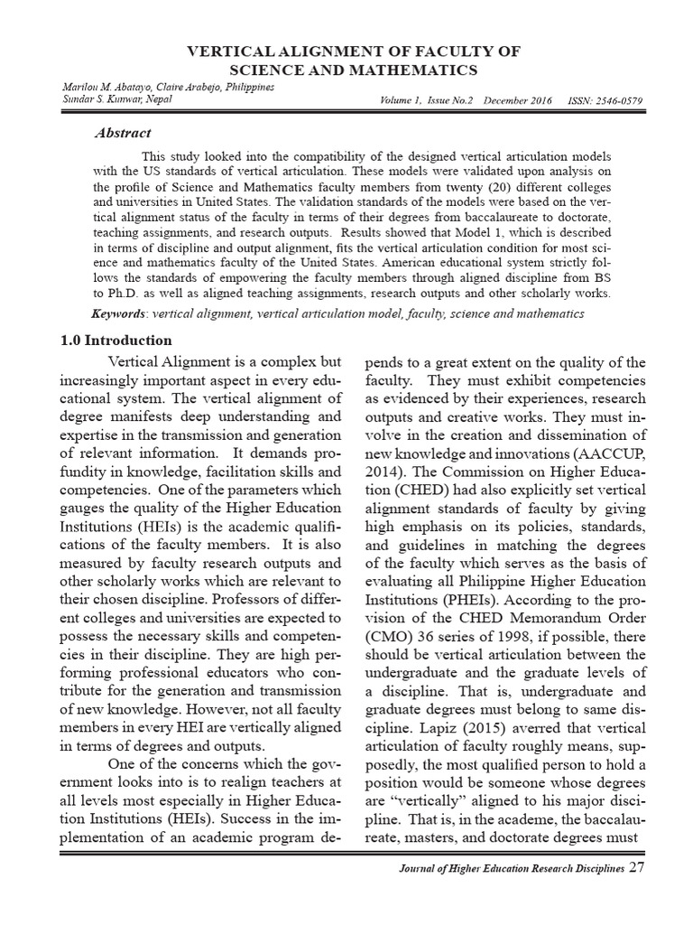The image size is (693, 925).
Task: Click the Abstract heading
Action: pos(123,133)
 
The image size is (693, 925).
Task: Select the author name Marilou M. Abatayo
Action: pos(97,85)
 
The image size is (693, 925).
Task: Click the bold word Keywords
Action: pos(121,313)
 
